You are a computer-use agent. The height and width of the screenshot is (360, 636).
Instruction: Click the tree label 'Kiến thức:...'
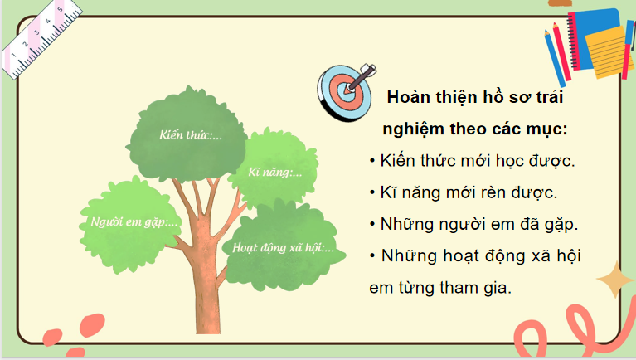[192, 134]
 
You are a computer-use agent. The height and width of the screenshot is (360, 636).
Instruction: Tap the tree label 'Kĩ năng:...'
[275, 173]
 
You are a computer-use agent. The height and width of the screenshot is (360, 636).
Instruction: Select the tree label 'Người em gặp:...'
[130, 221]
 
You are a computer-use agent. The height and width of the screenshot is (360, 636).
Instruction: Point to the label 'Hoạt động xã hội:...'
[284, 246]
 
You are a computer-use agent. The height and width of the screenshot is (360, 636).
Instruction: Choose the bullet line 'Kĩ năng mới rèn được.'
[469, 192]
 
